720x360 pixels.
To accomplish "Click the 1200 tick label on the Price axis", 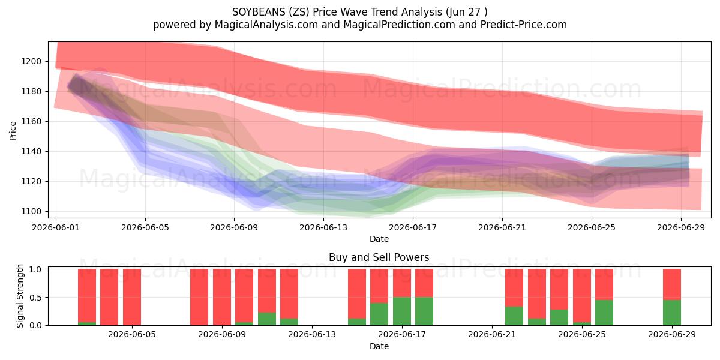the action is coord(31,61).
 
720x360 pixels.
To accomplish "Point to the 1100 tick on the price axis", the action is coord(31,211).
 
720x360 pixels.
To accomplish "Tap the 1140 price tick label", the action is coord(31,151).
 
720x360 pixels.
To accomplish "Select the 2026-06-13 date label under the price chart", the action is coord(323,227).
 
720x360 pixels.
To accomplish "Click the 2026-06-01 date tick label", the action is coord(56,227).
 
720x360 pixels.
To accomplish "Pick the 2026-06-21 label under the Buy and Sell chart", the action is coord(492,334).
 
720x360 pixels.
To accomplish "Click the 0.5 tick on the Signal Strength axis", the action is coord(35,298).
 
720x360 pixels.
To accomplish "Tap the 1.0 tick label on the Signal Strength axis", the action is coord(35,269).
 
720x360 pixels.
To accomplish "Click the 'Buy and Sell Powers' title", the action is coord(379,257).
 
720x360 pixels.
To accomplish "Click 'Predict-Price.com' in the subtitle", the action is coord(524,25).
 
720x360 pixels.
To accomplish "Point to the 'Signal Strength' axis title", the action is coord(20,296).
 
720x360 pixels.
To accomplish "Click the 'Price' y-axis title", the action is coord(13,131).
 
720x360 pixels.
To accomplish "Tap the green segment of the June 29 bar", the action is coord(672,313).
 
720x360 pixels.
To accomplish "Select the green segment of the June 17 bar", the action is coord(402,311).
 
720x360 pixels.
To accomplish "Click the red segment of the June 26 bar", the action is coord(604,284).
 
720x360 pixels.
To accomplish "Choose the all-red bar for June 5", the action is coord(132,297).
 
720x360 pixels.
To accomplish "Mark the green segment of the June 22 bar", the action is coord(514,316).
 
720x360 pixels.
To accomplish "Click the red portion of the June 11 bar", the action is coord(267,290).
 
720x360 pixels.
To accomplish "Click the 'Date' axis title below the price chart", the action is coord(379,239).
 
